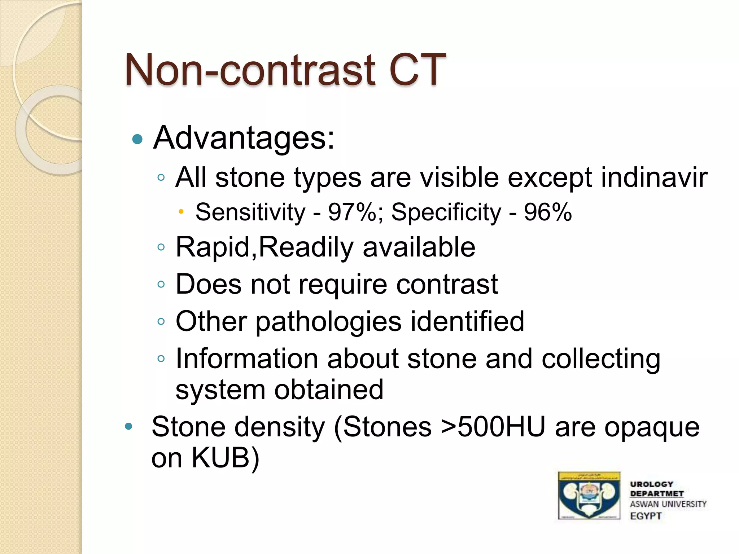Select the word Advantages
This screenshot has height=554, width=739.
click(x=244, y=138)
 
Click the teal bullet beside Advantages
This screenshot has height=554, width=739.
click(x=137, y=139)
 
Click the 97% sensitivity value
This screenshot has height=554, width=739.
click(x=352, y=212)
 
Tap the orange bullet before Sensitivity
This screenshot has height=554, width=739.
click(x=181, y=211)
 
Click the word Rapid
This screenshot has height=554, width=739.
click(x=215, y=247)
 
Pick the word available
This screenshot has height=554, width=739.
click(x=419, y=247)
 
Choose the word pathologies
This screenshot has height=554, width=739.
click(x=328, y=321)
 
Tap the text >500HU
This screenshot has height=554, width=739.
click(x=493, y=427)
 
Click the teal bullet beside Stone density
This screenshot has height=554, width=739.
click(x=128, y=427)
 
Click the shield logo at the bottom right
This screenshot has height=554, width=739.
click(x=589, y=495)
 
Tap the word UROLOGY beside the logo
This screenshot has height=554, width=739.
click(x=651, y=484)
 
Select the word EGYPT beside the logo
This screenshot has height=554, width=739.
click(x=646, y=516)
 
